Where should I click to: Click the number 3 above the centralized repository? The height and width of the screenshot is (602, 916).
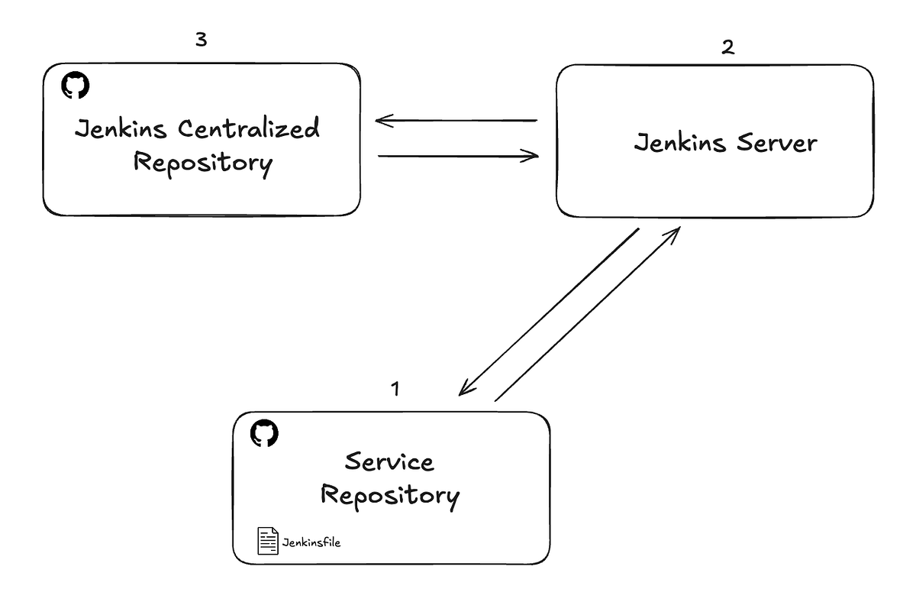tap(201, 40)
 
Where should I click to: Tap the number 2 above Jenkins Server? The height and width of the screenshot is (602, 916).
tap(727, 47)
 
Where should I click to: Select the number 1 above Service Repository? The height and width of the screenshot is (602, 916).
tap(395, 389)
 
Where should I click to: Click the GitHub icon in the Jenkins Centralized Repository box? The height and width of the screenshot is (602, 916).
tap(75, 86)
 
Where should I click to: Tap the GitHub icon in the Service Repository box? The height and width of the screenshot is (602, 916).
tap(265, 433)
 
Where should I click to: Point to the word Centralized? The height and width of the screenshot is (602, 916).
tap(249, 129)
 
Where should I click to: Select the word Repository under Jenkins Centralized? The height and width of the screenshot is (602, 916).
tap(202, 163)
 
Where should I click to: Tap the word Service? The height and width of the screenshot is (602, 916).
tap(389, 461)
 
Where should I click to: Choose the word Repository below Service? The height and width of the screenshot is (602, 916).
tap(389, 497)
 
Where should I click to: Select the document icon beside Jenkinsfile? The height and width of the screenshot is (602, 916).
tap(267, 541)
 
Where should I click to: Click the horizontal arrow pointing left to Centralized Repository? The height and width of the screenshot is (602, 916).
tap(456, 121)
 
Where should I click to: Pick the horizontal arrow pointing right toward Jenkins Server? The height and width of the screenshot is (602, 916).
tap(458, 157)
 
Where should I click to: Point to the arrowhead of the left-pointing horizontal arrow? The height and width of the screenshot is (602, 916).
tap(382, 121)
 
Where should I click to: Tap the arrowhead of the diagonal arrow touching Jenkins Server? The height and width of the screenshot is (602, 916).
tap(674, 231)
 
